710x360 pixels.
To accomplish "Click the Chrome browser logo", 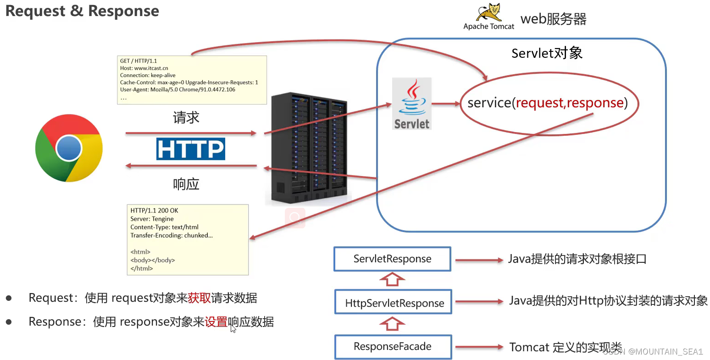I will [x=69, y=148].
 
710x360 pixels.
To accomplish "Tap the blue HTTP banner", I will [x=190, y=149].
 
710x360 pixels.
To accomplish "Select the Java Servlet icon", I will [x=411, y=103].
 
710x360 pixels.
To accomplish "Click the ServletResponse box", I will [x=392, y=259].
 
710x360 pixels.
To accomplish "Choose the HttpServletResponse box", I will [x=394, y=303].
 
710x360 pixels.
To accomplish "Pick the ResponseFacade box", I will [x=393, y=347].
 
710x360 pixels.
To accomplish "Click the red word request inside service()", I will [x=540, y=103].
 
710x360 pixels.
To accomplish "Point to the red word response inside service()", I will [x=595, y=103].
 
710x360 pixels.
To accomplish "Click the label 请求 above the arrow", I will [x=186, y=118].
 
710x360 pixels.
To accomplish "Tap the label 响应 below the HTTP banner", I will [x=186, y=184].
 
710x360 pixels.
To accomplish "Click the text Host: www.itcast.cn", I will [x=144, y=68].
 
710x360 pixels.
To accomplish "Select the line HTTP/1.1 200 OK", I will [x=154, y=210].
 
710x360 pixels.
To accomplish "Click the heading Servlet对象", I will [x=547, y=53].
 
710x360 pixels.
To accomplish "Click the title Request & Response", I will [x=82, y=11].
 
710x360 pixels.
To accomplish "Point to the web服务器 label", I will [x=553, y=19].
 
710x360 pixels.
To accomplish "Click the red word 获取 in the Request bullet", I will [x=199, y=298].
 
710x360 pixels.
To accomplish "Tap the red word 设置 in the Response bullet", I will [x=216, y=322].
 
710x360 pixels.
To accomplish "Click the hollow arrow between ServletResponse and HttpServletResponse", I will [x=392, y=279].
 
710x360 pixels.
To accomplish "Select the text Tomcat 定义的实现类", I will [x=565, y=347].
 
